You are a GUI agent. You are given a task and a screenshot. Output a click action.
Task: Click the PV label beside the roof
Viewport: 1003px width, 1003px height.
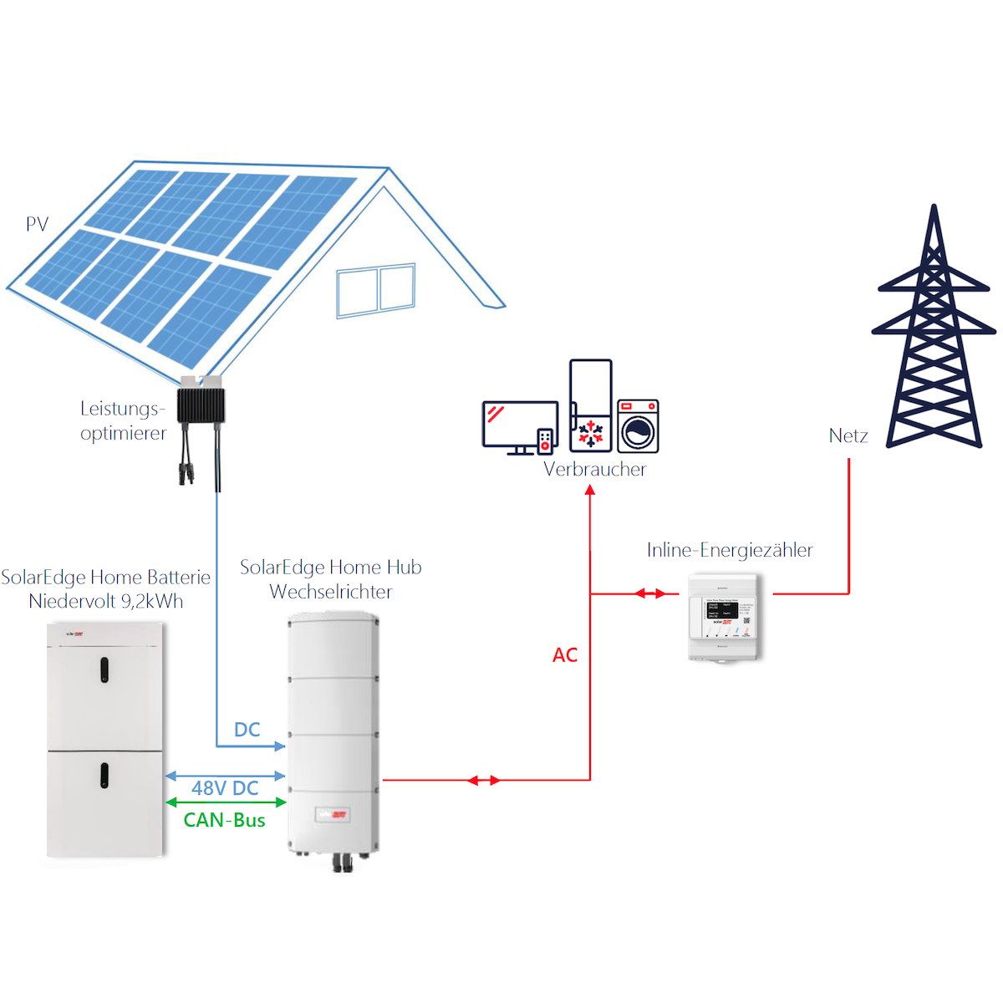tap(37, 224)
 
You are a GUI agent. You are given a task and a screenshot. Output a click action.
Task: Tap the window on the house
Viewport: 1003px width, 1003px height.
tap(375, 290)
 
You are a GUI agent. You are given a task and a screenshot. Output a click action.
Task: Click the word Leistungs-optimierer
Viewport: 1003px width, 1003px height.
tap(123, 420)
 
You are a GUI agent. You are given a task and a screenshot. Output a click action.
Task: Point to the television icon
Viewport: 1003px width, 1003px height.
tap(520, 426)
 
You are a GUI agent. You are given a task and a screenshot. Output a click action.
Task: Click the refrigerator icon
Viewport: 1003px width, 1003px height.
tap(591, 405)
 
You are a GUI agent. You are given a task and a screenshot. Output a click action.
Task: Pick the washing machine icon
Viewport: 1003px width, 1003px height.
tap(639, 426)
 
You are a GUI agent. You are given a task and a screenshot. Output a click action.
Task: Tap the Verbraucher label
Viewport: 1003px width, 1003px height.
tap(594, 469)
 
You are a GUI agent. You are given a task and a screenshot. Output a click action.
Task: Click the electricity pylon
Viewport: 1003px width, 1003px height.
tap(934, 334)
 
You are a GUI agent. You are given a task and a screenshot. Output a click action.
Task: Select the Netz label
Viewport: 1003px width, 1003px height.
tap(848, 435)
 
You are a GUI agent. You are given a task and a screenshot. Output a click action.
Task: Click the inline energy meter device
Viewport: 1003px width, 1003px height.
tap(724, 617)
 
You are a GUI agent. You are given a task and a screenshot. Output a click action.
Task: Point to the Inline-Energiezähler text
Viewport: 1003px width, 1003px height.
tap(730, 550)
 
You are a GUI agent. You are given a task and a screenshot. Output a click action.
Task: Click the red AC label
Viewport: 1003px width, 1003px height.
tap(565, 655)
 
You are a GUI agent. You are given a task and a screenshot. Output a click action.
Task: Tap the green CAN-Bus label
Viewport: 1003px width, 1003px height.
tap(224, 821)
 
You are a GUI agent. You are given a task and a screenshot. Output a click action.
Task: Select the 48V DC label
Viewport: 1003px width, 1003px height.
tap(225, 788)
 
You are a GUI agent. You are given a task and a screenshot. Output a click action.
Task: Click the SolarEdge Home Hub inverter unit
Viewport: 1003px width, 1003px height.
tap(333, 736)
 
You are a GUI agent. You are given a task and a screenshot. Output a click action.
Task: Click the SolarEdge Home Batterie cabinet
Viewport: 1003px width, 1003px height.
tap(105, 740)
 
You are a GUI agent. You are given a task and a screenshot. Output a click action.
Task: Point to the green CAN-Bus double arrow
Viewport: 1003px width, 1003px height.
tap(226, 802)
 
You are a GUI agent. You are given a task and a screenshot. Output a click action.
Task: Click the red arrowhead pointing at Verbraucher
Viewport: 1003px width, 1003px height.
tap(590, 490)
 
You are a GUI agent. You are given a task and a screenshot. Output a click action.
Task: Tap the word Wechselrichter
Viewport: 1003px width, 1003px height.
tap(331, 592)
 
